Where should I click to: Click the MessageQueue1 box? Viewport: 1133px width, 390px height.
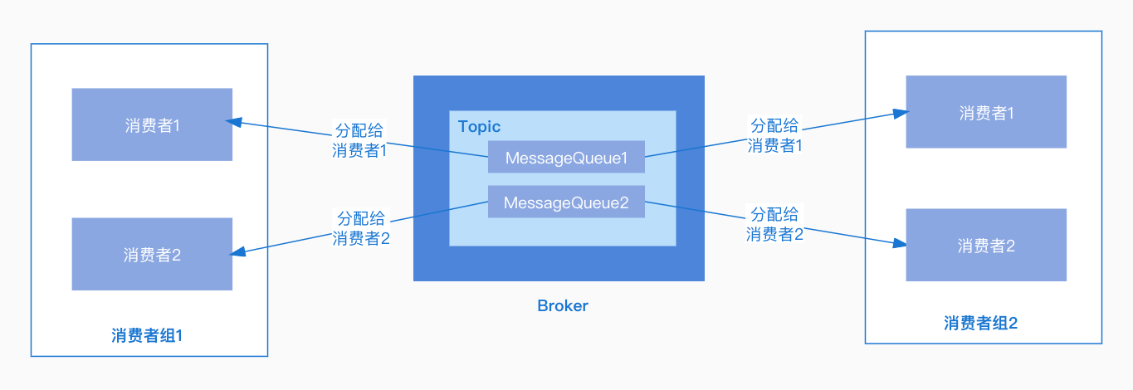pyautogui.click(x=566, y=158)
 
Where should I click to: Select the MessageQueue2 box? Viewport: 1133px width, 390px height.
pyautogui.click(x=566, y=202)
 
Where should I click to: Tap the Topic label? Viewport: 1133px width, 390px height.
pyautogui.click(x=480, y=127)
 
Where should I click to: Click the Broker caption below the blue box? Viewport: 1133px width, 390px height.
pyautogui.click(x=563, y=305)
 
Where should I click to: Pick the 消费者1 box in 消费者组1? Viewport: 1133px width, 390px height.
pyautogui.click(x=152, y=124)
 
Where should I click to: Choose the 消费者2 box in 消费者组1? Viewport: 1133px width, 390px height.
pyautogui.click(x=152, y=255)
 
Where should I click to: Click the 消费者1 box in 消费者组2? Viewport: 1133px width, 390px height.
pyautogui.click(x=986, y=113)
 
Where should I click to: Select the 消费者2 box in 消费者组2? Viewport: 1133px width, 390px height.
pyautogui.click(x=986, y=246)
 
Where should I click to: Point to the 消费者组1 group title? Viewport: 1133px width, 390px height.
pyautogui.click(x=147, y=336)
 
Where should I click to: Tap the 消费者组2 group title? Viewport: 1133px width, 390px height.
pyautogui.click(x=981, y=324)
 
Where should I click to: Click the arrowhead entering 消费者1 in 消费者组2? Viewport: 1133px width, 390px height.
pyautogui.click(x=896, y=112)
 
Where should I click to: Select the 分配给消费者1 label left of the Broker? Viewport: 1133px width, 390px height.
pyautogui.click(x=359, y=140)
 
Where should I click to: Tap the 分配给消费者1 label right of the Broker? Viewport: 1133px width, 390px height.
pyautogui.click(x=774, y=135)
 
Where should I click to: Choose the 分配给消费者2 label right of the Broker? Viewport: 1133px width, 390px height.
pyautogui.click(x=774, y=223)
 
